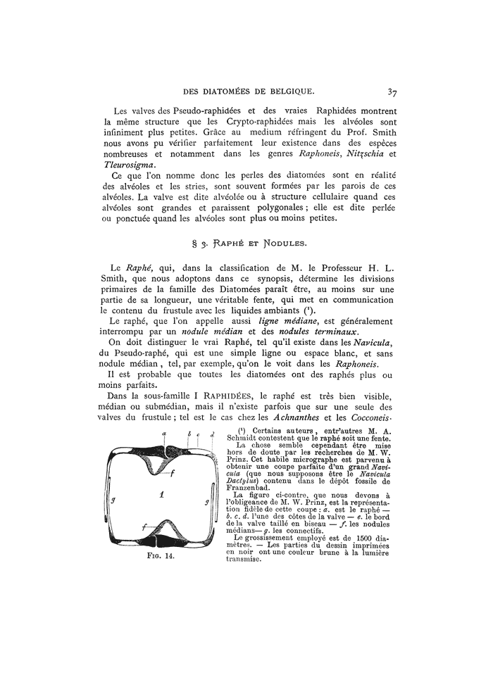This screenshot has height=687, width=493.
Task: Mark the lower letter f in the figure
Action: click(145, 527)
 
